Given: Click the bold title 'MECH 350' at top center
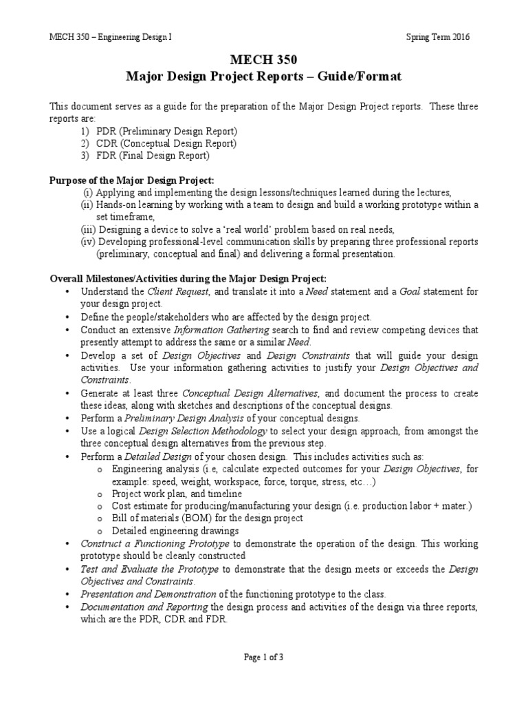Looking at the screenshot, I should coord(263,61).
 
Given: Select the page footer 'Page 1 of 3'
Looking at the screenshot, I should coord(263,657).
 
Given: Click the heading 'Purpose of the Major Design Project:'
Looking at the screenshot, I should coord(131,180).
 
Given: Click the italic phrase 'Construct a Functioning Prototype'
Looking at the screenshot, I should coord(148,544).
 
